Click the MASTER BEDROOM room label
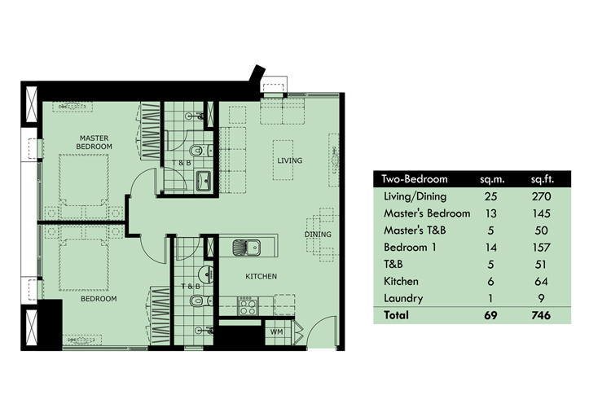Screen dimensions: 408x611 [x=95, y=141]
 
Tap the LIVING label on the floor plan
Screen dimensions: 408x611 [x=288, y=160]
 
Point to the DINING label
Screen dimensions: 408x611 [x=317, y=235]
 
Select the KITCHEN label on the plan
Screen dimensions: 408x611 [x=262, y=277]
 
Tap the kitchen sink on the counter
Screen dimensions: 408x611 [x=245, y=245]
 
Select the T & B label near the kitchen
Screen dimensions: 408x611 [x=190, y=287]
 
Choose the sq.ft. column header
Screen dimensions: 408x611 [x=541, y=179]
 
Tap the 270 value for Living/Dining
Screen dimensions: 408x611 [x=541, y=196]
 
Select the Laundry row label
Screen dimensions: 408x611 [x=402, y=297]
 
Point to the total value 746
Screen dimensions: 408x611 [x=540, y=314]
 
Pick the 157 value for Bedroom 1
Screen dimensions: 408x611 [x=541, y=247]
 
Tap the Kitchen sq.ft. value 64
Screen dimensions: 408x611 [x=541, y=281]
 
